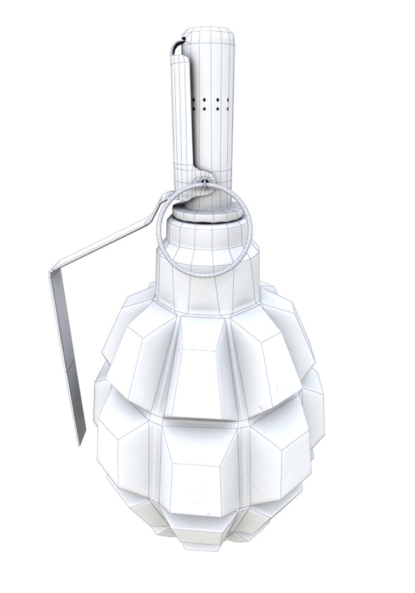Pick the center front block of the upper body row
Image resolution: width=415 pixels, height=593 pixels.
click(x=200, y=373)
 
